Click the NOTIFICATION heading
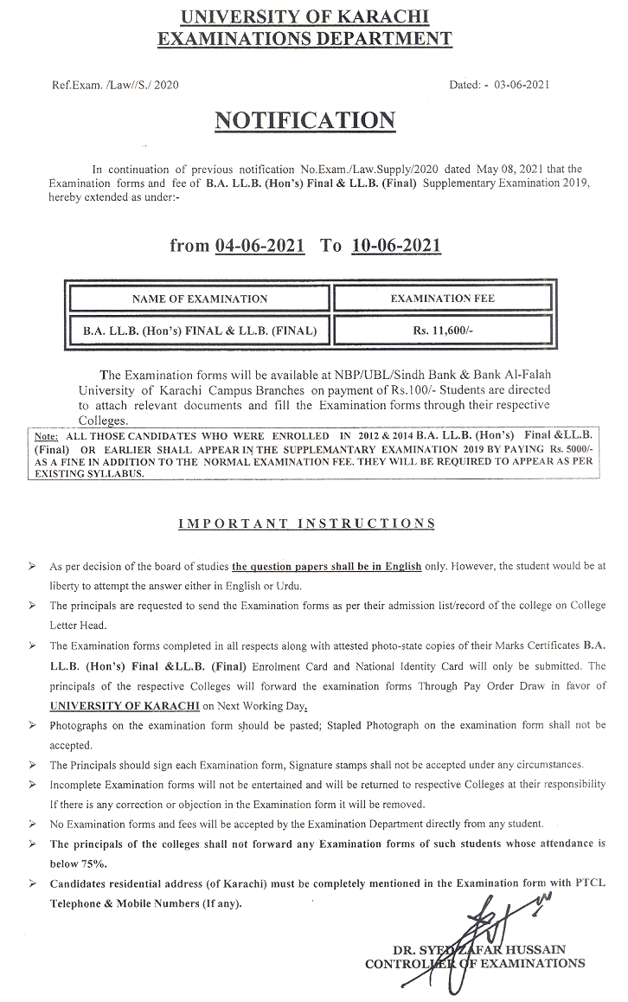click(x=305, y=121)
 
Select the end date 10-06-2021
click(x=397, y=246)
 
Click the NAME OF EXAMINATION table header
click(x=200, y=299)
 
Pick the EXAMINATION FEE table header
click(x=441, y=299)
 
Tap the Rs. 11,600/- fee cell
click(x=441, y=330)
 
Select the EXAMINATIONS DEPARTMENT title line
click(x=306, y=38)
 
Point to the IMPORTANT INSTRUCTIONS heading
click(x=306, y=523)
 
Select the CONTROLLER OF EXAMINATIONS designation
click(x=475, y=963)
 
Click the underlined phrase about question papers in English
click(x=327, y=566)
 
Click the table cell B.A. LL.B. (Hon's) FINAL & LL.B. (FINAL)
click(x=200, y=330)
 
